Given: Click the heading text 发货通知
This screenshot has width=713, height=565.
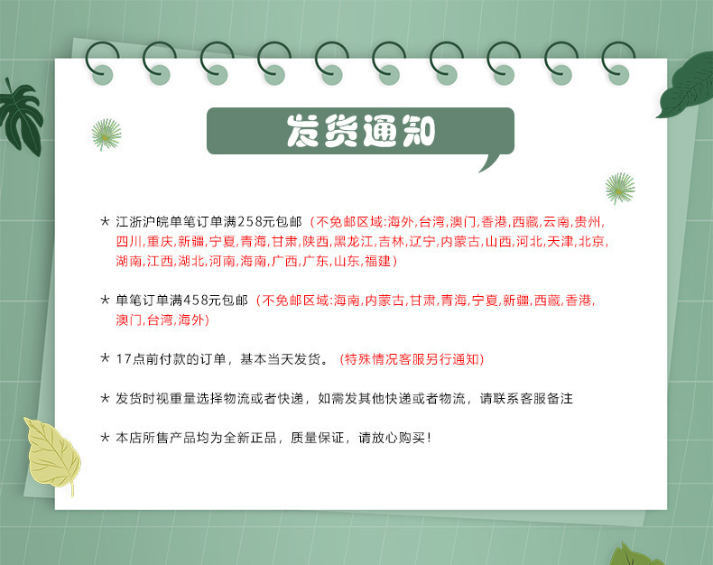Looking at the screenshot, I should coord(360,131).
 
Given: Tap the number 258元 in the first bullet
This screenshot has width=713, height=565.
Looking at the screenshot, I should coord(261,221).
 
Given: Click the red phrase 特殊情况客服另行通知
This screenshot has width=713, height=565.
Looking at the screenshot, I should coord(412,359).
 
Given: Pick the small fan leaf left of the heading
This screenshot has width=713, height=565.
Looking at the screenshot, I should coord(106,134).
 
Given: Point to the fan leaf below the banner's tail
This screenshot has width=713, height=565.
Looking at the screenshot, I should coord(619,187).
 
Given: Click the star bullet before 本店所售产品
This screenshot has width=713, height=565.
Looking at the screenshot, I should coord(105,438).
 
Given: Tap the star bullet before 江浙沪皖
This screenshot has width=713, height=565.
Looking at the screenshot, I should coord(105,221).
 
